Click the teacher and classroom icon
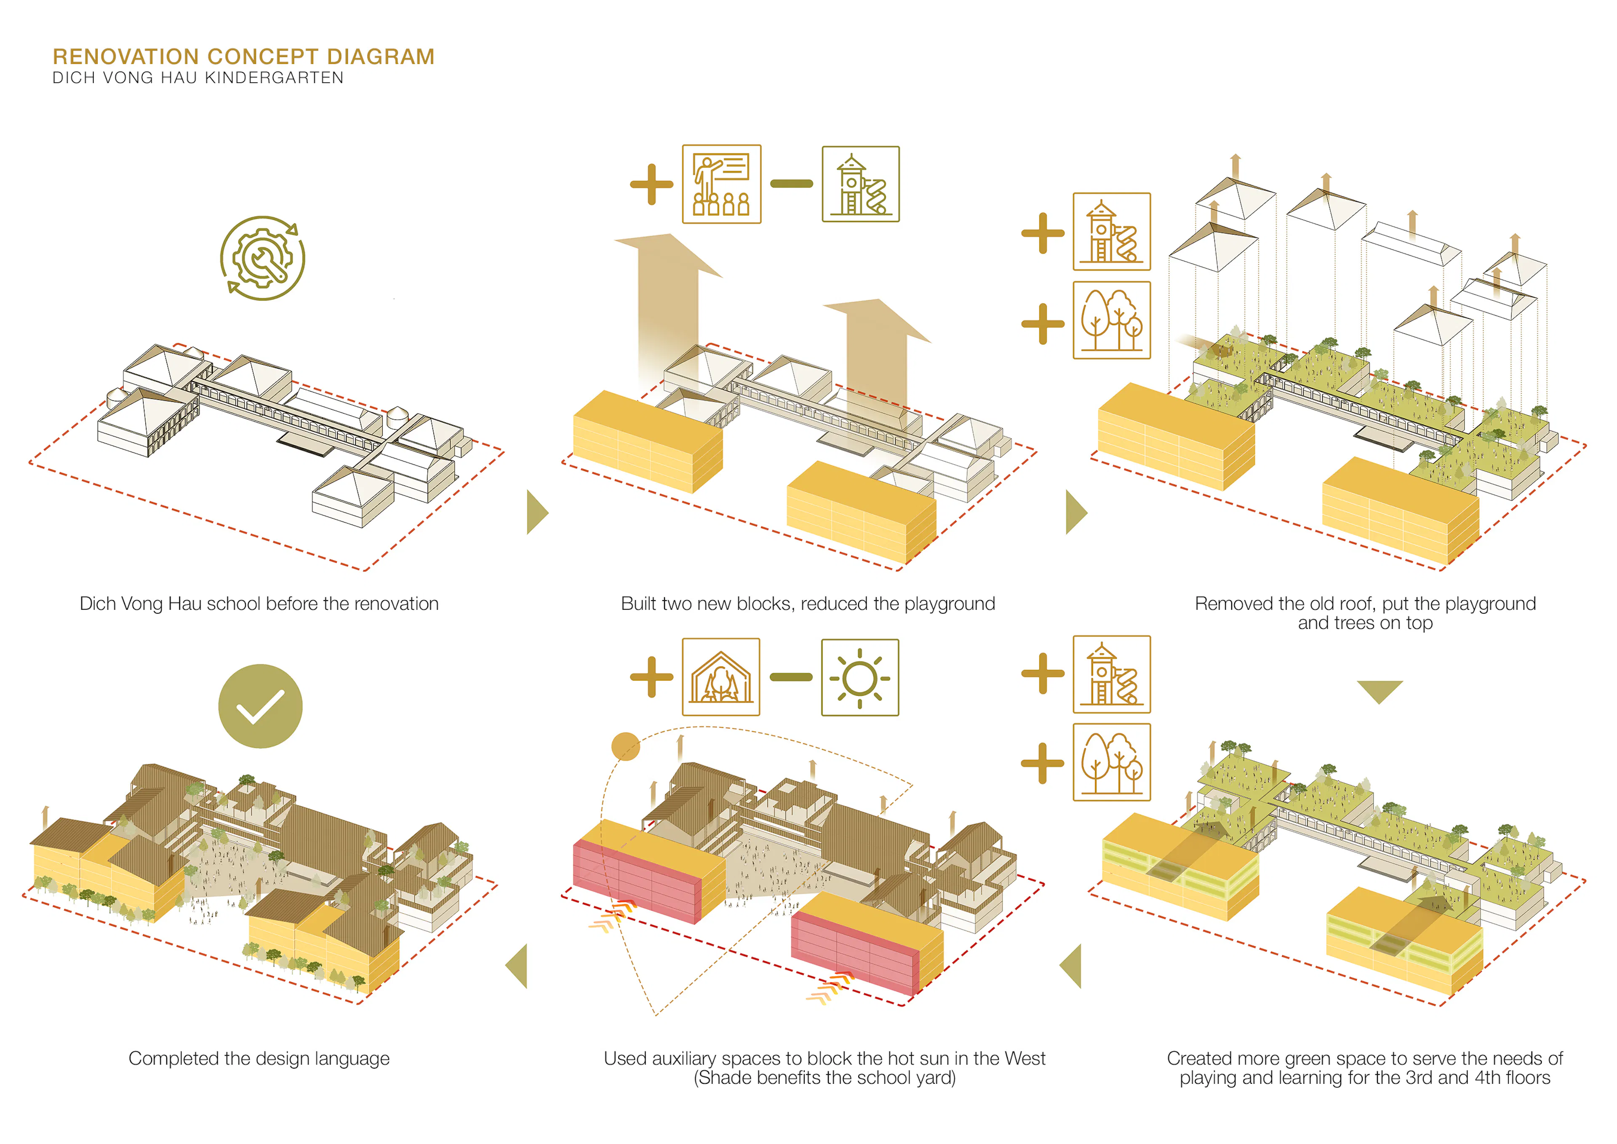[721, 184]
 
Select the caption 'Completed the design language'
[259, 1058]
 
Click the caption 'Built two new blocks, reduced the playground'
[808, 604]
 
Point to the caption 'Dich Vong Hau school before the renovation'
[259, 604]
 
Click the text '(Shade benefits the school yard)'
[824, 1078]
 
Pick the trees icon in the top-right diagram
[1111, 321]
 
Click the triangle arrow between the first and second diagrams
[536, 512]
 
